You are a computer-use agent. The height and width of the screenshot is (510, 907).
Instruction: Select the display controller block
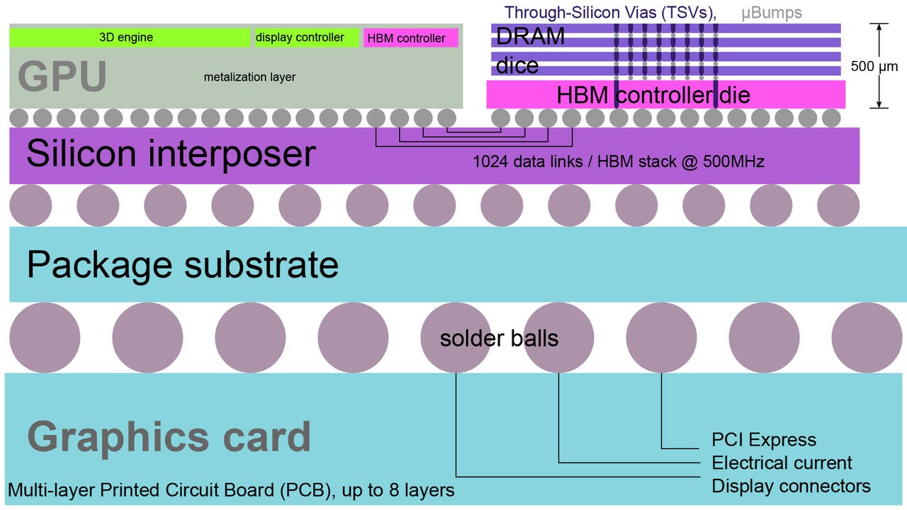306,38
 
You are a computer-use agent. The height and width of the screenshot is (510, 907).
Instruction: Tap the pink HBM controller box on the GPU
410,38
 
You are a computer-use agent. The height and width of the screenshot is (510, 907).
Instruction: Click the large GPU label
62,76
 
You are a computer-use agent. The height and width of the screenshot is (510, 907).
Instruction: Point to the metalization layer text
249,76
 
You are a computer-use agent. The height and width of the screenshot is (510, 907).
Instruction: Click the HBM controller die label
653,94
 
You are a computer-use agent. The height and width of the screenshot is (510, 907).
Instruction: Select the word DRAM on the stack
530,37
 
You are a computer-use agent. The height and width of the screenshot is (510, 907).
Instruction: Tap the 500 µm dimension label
874,67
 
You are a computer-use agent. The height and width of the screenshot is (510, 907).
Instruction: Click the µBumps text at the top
772,13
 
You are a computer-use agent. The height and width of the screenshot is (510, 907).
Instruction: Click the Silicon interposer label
171,153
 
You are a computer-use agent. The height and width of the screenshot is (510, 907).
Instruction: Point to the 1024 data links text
619,161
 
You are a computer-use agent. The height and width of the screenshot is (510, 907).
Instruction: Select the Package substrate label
183,264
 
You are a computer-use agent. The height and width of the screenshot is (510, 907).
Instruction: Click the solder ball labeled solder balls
456,338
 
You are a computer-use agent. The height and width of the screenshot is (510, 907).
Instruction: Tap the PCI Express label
764,440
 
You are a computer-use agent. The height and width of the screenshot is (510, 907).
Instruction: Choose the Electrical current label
782,463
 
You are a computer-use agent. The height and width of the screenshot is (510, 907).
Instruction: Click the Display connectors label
791,486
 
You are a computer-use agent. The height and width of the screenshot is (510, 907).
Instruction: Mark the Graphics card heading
169,437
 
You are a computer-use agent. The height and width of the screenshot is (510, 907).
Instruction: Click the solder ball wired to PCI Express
662,338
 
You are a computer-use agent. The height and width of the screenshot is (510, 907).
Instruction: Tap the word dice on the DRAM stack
517,66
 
